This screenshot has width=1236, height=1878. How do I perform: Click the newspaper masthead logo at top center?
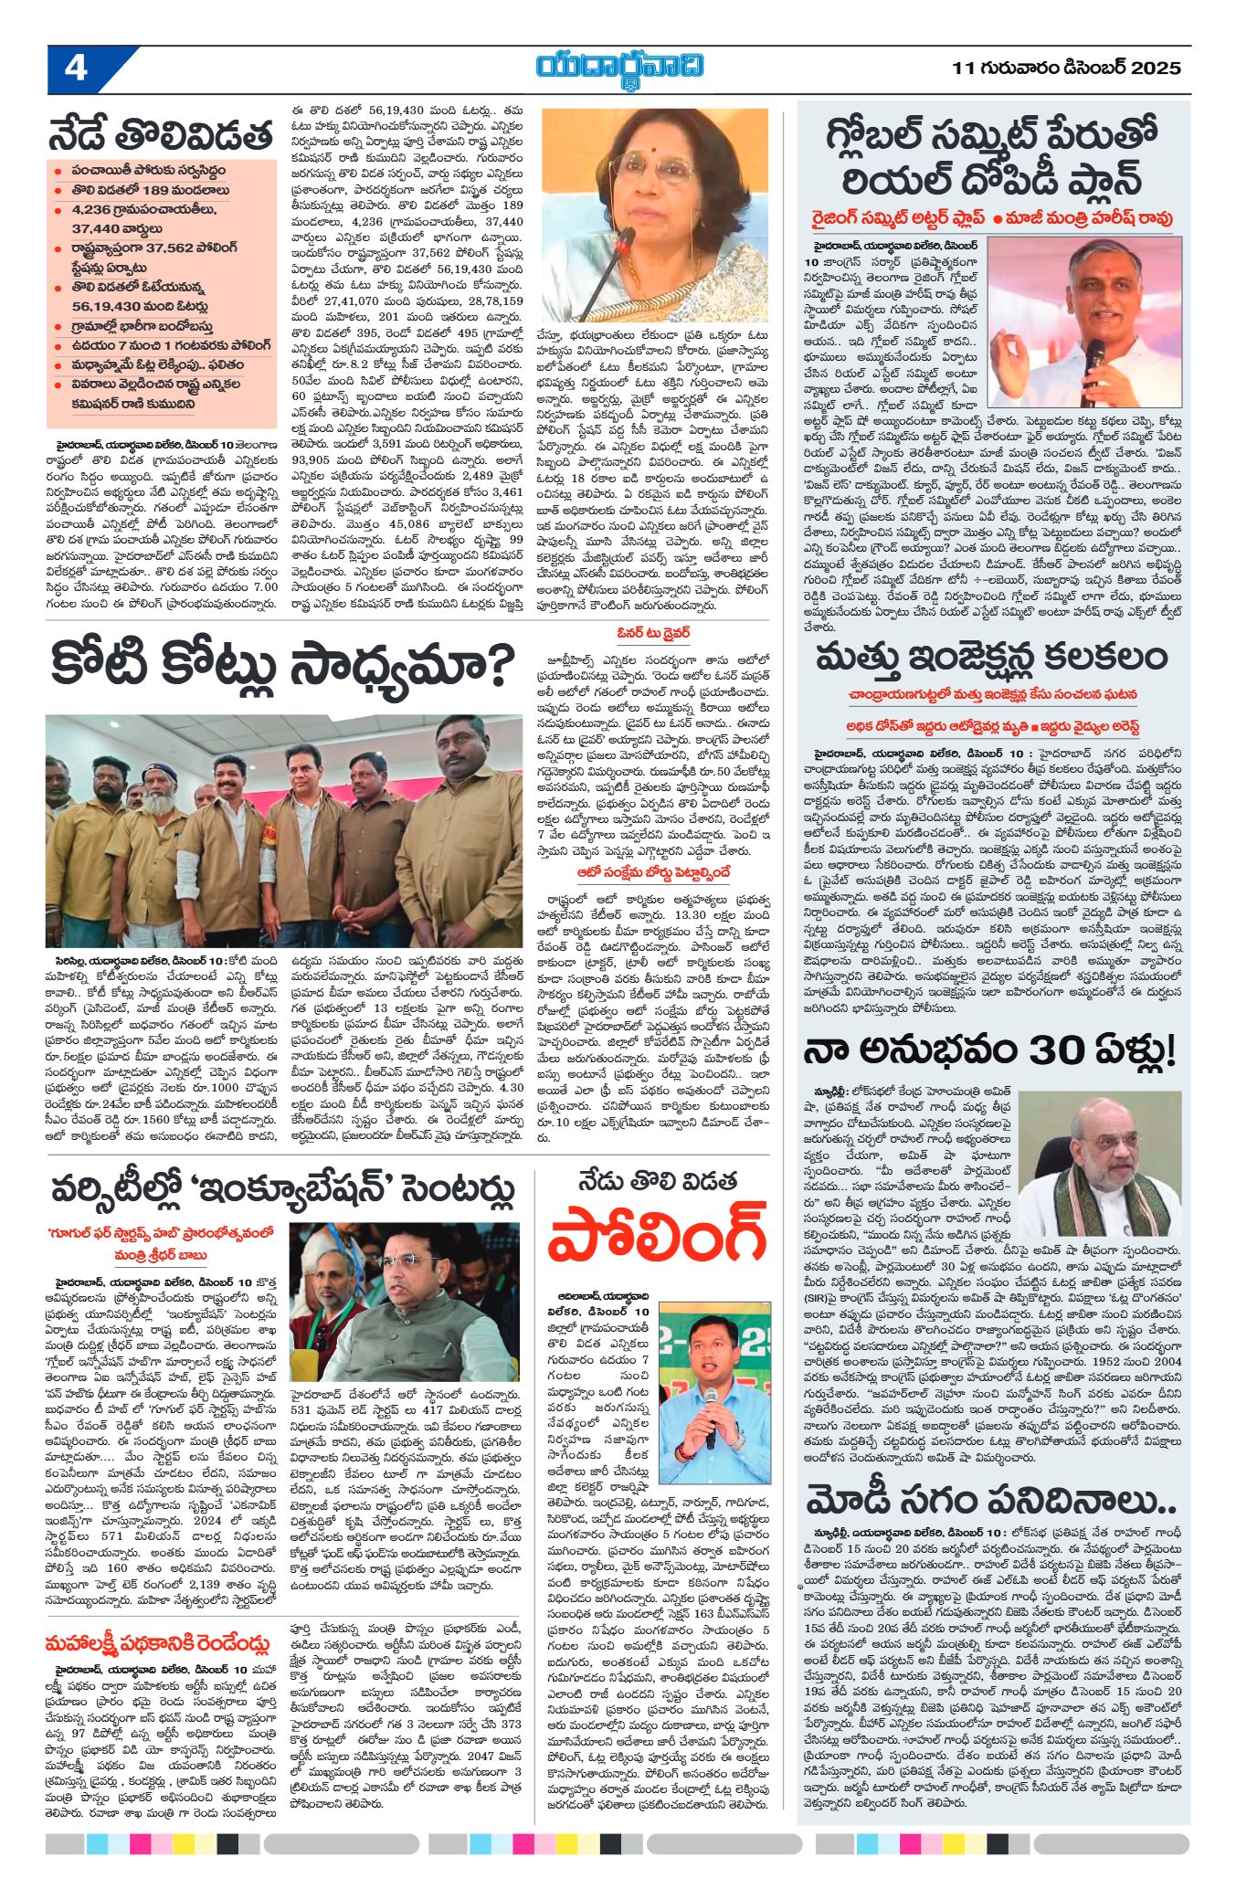(x=620, y=67)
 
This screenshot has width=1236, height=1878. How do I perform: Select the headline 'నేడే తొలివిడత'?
(x=161, y=135)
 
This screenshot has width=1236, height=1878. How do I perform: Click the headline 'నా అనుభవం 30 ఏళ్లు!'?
(x=989, y=1050)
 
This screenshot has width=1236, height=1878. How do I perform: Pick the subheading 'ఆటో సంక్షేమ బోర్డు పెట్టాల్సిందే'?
(x=653, y=872)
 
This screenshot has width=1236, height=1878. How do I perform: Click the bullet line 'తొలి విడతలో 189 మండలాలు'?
(x=151, y=190)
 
